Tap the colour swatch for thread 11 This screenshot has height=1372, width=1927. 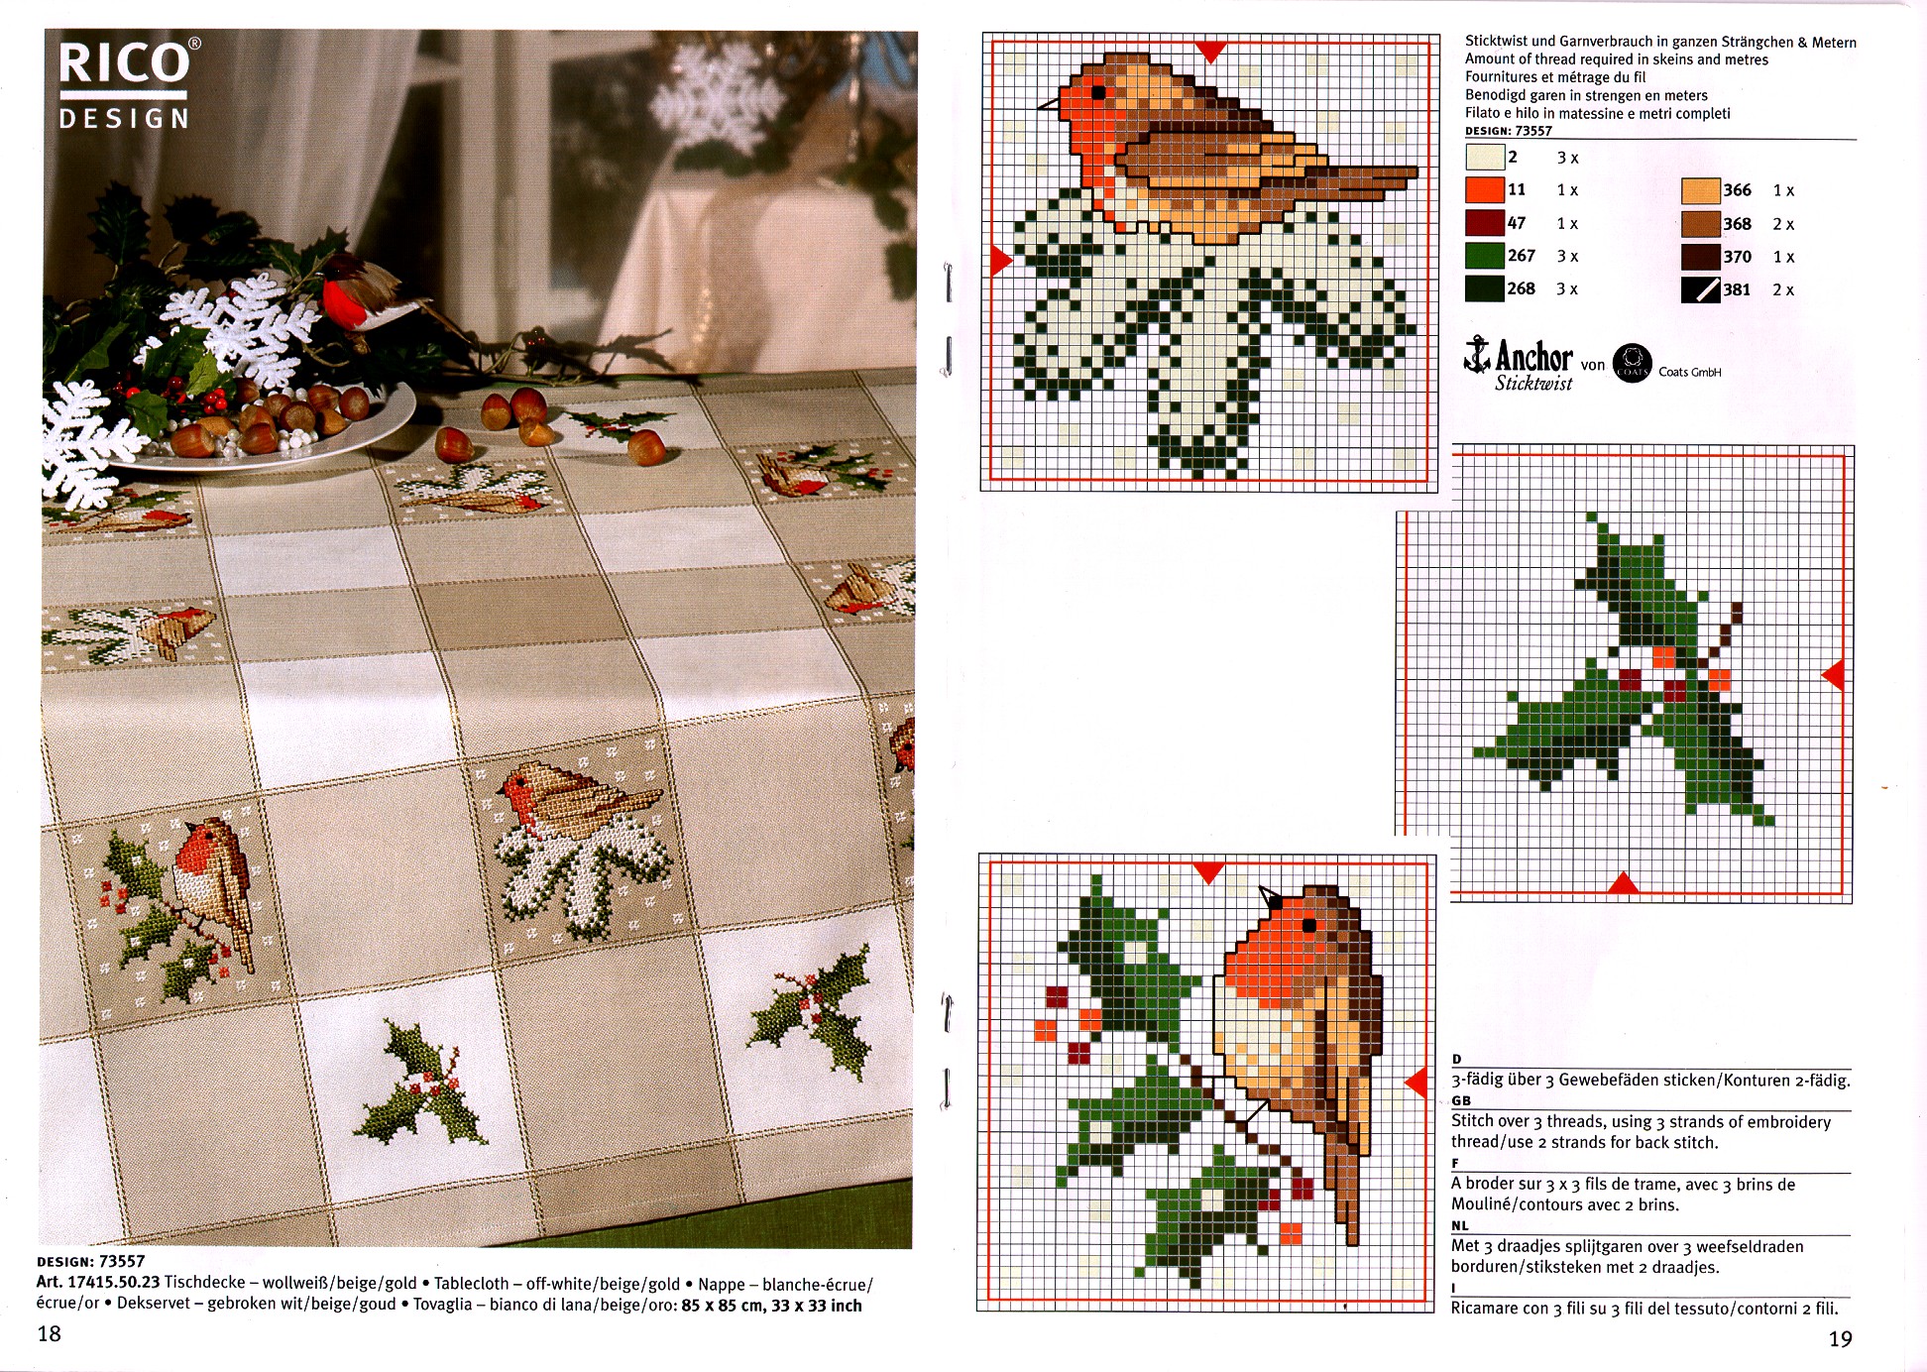pos(1484,189)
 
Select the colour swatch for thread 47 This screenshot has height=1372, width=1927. pos(1484,223)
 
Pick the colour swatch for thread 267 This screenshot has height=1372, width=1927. pos(1484,256)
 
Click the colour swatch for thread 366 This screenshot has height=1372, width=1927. pos(1700,190)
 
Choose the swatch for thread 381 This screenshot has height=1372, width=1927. pos(1700,289)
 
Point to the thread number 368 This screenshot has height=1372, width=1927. pos(1737,224)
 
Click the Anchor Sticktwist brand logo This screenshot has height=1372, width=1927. pos(1519,364)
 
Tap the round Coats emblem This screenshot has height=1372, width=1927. pos(1632,364)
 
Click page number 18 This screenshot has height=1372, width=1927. pos(49,1334)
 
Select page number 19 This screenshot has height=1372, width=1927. pos(1840,1339)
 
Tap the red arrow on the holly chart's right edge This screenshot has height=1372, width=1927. pos(1834,675)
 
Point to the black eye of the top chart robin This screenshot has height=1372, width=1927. pos(1097,92)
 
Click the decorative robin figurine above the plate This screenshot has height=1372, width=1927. pos(362,294)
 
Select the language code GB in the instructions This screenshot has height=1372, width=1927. pos(1461,1100)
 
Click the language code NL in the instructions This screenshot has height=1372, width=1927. pos(1460,1225)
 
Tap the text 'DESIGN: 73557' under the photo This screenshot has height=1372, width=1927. pos(91,1262)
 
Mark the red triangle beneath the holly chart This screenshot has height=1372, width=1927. pos(1622,881)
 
